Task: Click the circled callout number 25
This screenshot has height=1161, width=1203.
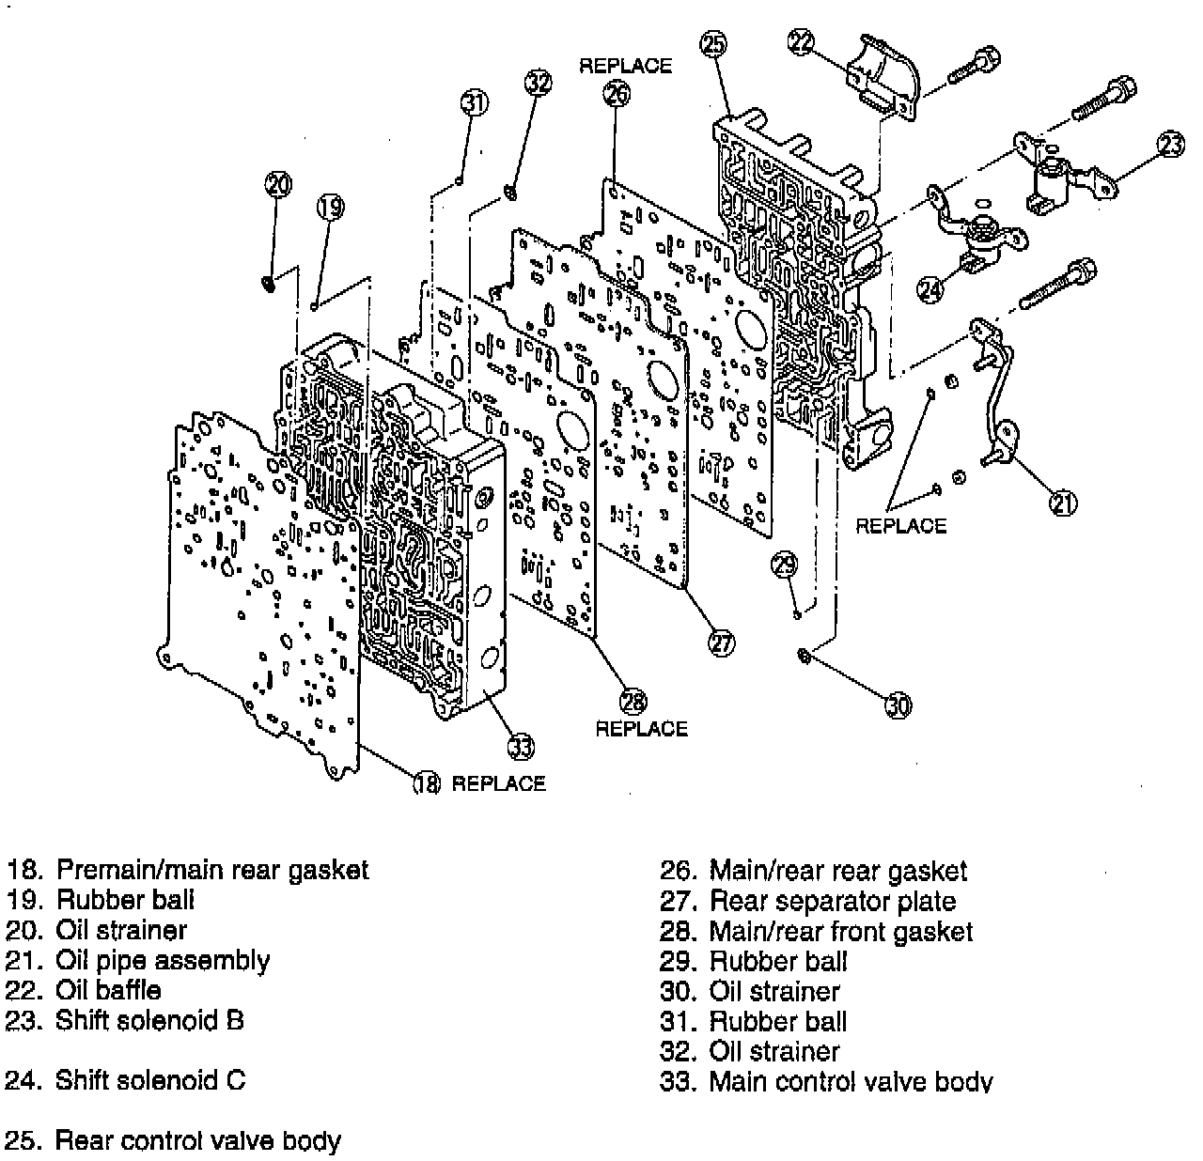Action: click(714, 44)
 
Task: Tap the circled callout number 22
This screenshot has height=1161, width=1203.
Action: click(801, 43)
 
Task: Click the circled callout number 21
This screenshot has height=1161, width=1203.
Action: click(1062, 503)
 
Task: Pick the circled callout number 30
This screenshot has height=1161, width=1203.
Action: click(898, 704)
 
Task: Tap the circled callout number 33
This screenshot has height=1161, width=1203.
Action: click(521, 747)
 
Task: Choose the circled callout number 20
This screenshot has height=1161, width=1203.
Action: click(278, 184)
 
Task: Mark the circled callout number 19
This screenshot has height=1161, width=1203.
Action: click(330, 207)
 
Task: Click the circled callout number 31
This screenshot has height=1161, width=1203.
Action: click(475, 101)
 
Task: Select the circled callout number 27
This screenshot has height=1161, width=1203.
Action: click(721, 643)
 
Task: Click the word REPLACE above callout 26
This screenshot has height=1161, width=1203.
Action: click(625, 66)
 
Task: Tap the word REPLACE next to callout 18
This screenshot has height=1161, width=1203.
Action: click(498, 783)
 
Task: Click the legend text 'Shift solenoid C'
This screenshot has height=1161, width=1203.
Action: click(150, 1080)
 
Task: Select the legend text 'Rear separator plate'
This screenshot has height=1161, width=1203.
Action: click(832, 902)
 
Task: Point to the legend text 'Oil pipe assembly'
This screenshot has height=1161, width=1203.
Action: click(163, 960)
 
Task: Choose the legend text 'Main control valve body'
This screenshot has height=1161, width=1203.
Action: click(851, 1082)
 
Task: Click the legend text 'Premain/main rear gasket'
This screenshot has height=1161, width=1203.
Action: click(212, 871)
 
